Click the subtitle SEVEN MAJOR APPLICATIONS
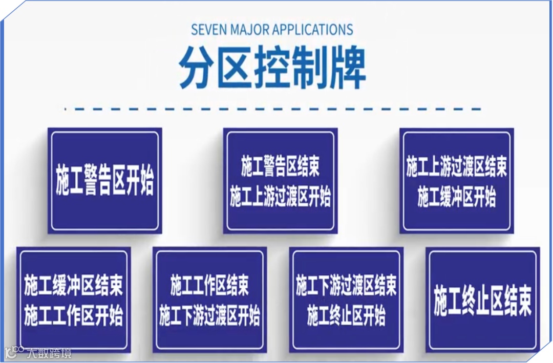point(272,29)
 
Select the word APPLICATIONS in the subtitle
point(312,29)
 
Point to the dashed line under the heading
point(272,109)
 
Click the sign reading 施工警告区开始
point(105,180)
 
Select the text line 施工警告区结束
point(280,167)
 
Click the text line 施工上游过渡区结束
point(456,167)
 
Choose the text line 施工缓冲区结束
point(73,286)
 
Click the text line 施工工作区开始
point(73,316)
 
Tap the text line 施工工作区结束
point(209,286)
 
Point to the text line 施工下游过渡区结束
point(346,286)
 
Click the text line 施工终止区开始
point(346,316)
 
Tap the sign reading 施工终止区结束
point(482,301)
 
